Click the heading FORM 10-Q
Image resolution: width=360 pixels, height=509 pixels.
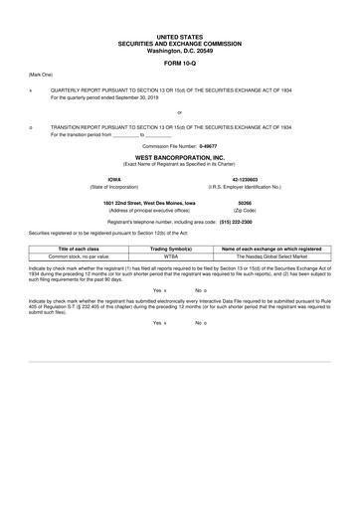[x=180, y=62]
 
